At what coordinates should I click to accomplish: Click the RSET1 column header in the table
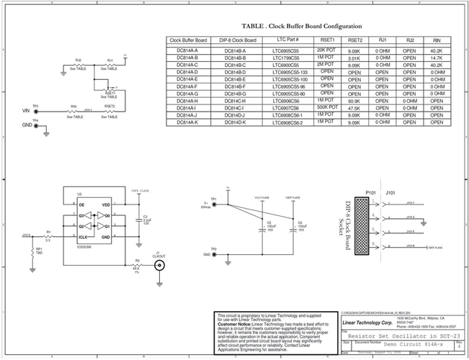tap(327, 40)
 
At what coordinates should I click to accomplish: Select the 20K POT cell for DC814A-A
tap(327, 50)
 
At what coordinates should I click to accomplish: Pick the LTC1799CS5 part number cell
tap(290, 58)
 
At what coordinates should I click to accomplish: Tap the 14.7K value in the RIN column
tap(437, 58)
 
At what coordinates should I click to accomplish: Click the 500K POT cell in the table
tap(327, 107)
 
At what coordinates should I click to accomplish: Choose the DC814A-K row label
tap(191, 122)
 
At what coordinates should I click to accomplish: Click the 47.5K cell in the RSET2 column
tap(354, 108)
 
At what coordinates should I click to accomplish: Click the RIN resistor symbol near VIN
tap(73, 111)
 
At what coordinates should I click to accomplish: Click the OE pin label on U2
tap(81, 205)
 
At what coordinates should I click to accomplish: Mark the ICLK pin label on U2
tap(83, 235)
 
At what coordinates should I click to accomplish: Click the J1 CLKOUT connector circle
tap(158, 264)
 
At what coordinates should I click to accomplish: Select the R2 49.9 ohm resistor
tap(137, 265)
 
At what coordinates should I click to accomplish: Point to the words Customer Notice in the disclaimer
tap(233, 324)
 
